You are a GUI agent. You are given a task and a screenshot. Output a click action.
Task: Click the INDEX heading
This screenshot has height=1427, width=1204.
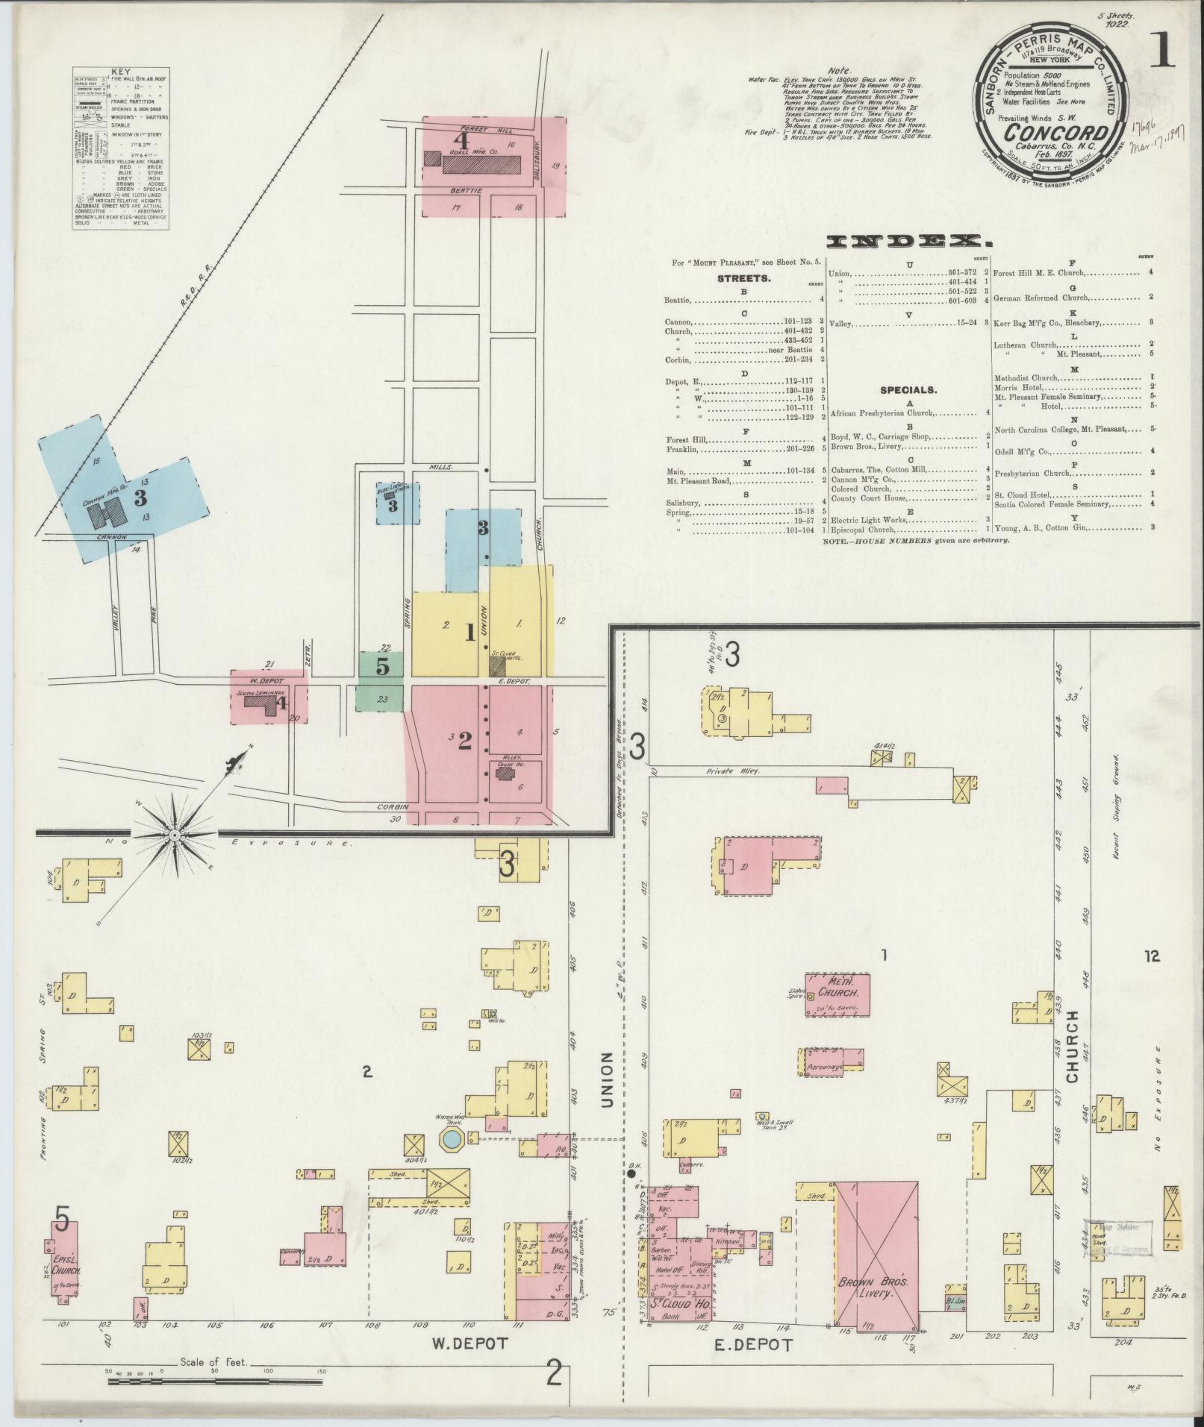click(x=909, y=241)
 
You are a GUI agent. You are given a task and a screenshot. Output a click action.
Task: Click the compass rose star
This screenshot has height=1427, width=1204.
click(x=174, y=834)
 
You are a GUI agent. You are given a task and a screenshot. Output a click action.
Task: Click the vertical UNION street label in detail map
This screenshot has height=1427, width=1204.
click(x=605, y=1079)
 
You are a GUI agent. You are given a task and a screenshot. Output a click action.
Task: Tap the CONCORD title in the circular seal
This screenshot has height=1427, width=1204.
click(x=1047, y=133)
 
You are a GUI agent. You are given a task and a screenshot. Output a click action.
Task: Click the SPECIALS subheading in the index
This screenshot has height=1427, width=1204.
click(x=907, y=389)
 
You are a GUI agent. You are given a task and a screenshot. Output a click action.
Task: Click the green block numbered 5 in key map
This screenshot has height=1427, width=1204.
click(x=381, y=666)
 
